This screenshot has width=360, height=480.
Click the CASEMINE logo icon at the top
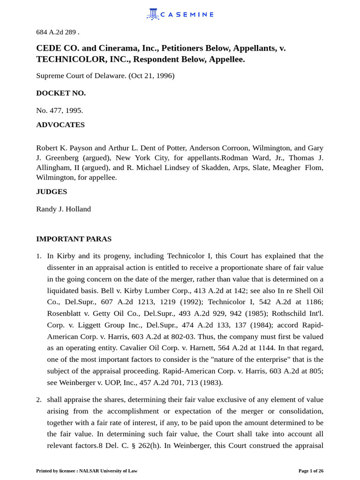click(x=153, y=14)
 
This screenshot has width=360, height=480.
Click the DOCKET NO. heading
click(x=61, y=93)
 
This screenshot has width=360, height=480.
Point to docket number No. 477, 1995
click(x=60, y=110)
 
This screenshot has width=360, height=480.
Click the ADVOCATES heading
click(x=60, y=125)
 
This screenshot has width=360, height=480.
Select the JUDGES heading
click(x=52, y=191)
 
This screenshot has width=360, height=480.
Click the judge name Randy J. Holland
click(x=63, y=209)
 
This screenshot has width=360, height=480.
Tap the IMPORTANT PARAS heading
click(x=74, y=239)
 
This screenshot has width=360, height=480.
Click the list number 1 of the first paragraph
click(x=39, y=256)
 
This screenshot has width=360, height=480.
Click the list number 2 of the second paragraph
click(x=39, y=399)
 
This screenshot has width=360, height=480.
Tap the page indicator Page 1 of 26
click(x=311, y=471)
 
